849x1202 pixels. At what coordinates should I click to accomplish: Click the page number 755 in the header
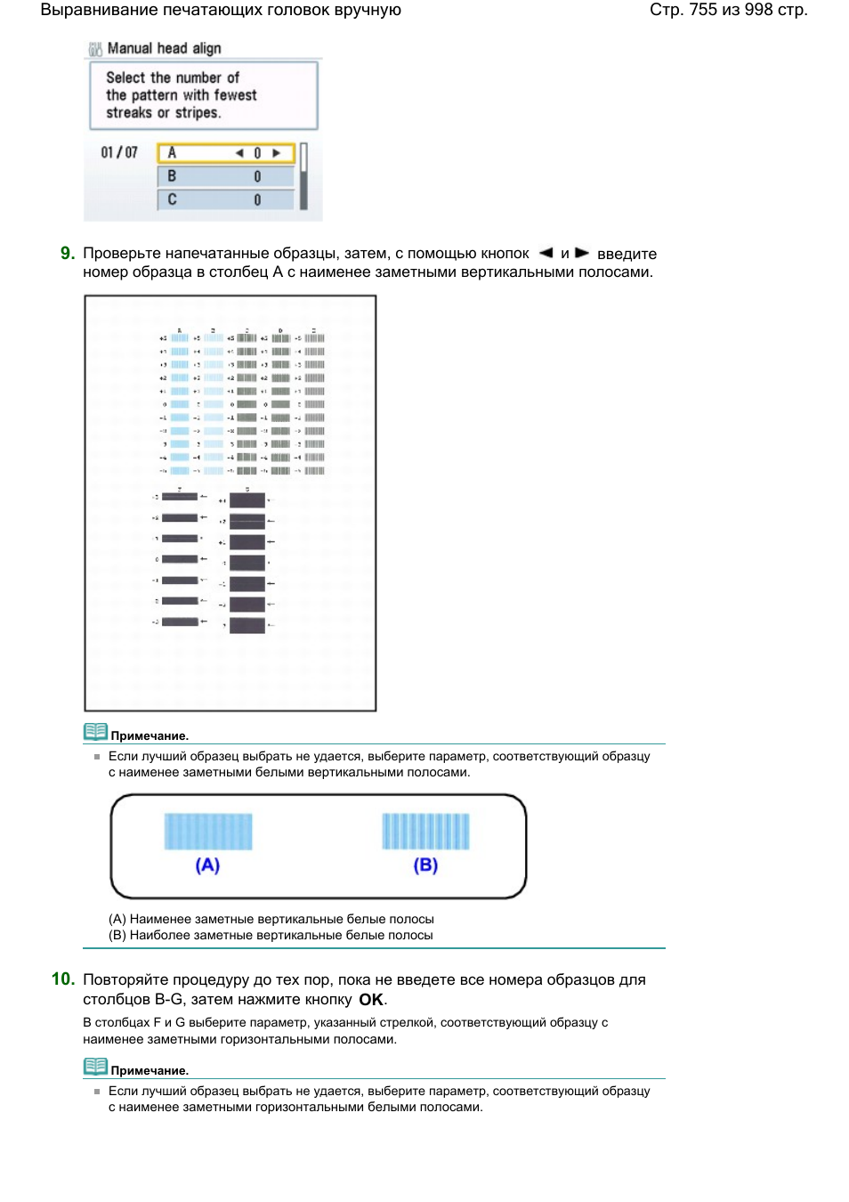click(703, 10)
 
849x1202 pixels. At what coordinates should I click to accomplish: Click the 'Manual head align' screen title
click(164, 48)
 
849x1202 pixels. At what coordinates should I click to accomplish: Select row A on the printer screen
click(224, 153)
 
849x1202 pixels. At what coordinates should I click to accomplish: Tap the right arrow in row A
click(277, 153)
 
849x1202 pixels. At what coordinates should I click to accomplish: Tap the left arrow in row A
click(239, 153)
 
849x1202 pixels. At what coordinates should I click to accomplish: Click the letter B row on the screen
click(224, 176)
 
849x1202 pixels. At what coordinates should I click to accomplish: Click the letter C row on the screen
click(224, 199)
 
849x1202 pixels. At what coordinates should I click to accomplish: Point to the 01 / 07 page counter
click(119, 152)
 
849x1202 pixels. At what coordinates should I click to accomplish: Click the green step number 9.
click(68, 254)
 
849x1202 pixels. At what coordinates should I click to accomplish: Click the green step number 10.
click(62, 979)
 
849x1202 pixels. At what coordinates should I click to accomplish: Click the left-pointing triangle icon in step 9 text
click(546, 253)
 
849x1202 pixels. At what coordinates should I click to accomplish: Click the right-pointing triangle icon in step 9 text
click(582, 253)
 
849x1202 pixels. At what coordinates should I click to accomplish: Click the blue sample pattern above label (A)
click(208, 832)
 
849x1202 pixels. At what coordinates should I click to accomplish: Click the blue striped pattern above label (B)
click(425, 832)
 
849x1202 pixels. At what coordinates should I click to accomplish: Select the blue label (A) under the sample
click(207, 865)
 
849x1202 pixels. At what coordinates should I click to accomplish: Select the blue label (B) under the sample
click(425, 865)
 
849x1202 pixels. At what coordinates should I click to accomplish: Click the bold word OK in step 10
click(371, 1000)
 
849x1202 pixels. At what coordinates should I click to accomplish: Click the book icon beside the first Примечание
click(95, 732)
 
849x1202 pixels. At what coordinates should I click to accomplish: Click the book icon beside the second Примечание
click(95, 1067)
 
